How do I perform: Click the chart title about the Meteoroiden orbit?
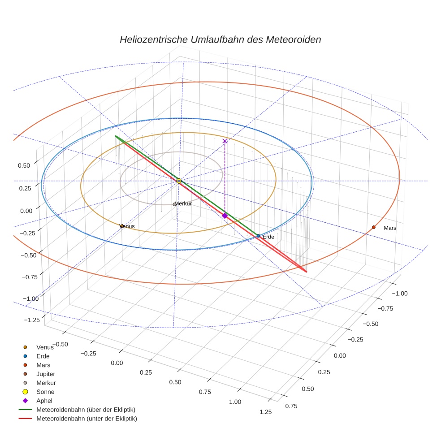220,39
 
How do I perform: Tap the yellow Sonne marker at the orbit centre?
179,181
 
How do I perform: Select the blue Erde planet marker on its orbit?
258,236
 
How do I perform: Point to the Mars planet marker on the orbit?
373,227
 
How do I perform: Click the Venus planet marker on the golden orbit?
121,226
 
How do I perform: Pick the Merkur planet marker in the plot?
175,204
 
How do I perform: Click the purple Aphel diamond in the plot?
225,216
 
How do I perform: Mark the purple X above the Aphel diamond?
225,141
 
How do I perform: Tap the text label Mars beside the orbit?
390,228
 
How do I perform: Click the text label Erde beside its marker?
268,237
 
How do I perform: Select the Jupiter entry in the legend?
46,374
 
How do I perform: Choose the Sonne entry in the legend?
45,392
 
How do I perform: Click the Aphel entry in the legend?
44,401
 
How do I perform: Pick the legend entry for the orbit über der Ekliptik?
86,410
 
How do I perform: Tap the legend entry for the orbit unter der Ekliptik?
86,419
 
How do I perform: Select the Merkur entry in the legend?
46,383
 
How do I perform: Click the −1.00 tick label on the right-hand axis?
399,293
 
